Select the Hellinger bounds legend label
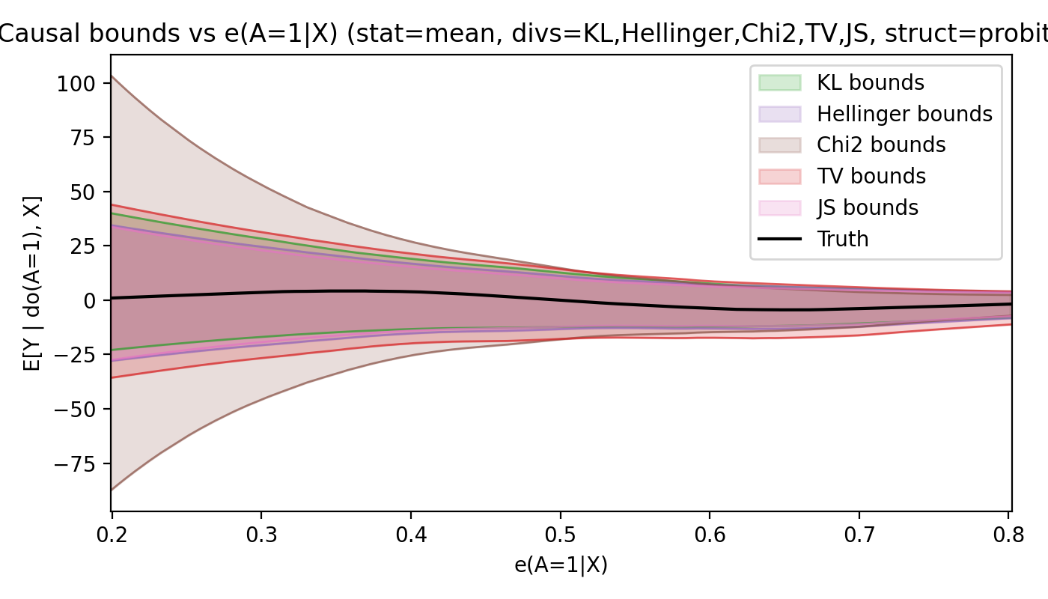904,114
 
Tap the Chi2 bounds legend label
881,145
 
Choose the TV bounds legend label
871,177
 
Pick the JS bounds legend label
868,207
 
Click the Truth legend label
843,239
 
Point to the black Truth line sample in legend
779,239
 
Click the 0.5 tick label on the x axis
560,538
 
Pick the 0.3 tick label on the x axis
261,538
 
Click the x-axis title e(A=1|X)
561,565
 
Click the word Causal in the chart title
34,34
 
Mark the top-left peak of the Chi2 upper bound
112,76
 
